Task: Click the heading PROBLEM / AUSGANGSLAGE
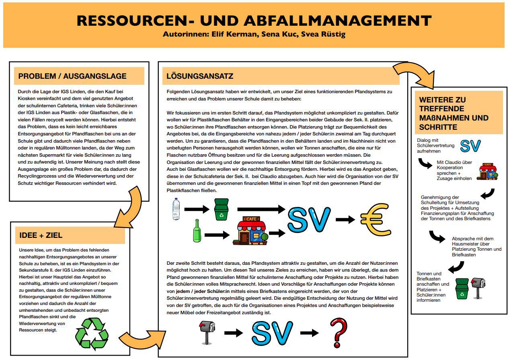pos(72,76)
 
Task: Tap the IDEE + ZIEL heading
pos(41,235)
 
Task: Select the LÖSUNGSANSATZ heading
pos(200,76)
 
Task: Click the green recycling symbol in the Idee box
pos(92,334)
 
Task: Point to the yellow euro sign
pos(376,219)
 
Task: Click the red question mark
pos(339,333)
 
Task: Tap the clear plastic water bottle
pos(176,209)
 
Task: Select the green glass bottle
pos(197,231)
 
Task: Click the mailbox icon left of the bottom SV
pos(207,333)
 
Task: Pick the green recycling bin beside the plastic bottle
pos(221,209)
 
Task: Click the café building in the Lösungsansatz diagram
pos(250,231)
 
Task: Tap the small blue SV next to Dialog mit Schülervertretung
pos(470,146)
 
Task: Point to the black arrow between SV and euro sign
pos(345,219)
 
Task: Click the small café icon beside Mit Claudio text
pos(487,172)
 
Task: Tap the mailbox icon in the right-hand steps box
pos(478,288)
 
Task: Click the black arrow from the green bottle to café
pos(217,235)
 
